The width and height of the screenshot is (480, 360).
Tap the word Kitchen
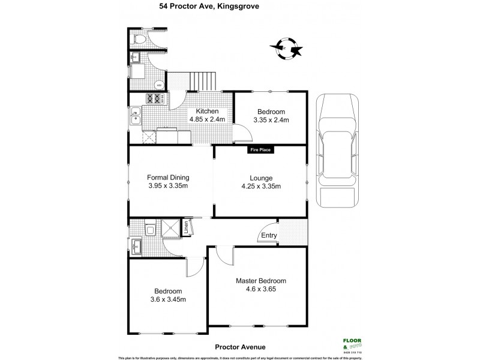(206, 112)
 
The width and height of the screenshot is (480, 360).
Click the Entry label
(269, 235)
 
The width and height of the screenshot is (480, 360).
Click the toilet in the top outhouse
(139, 40)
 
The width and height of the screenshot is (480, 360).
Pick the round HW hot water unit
(158, 85)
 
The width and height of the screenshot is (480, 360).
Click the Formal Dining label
(169, 178)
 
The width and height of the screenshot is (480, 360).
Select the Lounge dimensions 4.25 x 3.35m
(261, 186)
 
